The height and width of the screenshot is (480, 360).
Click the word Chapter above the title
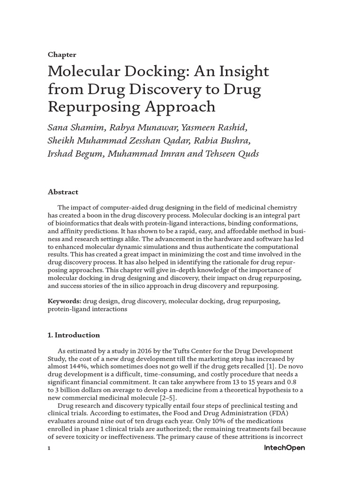click(62, 55)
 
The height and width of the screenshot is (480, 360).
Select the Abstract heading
click(63, 192)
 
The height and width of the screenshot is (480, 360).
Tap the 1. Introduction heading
click(74, 335)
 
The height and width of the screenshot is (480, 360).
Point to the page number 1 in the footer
click(49, 449)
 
